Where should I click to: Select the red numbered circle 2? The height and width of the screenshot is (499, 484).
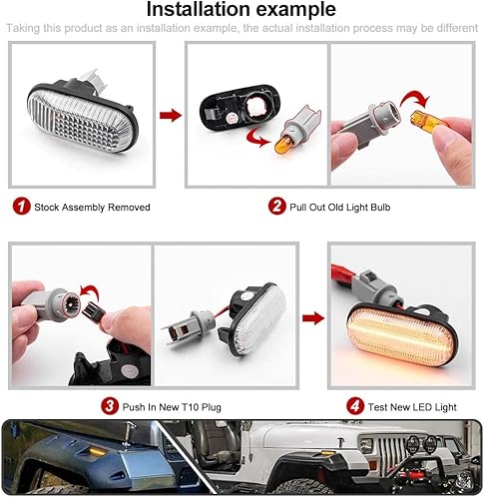point(276,207)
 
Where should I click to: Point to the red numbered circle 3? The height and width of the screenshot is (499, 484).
point(109,405)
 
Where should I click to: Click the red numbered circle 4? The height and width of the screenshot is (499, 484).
point(353,405)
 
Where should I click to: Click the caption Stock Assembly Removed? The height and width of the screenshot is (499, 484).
point(92,208)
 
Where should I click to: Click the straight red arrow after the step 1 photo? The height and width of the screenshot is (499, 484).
point(171,116)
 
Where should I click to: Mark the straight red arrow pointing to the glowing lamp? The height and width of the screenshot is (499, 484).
point(313,318)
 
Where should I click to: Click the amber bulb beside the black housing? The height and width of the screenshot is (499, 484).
point(285,141)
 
